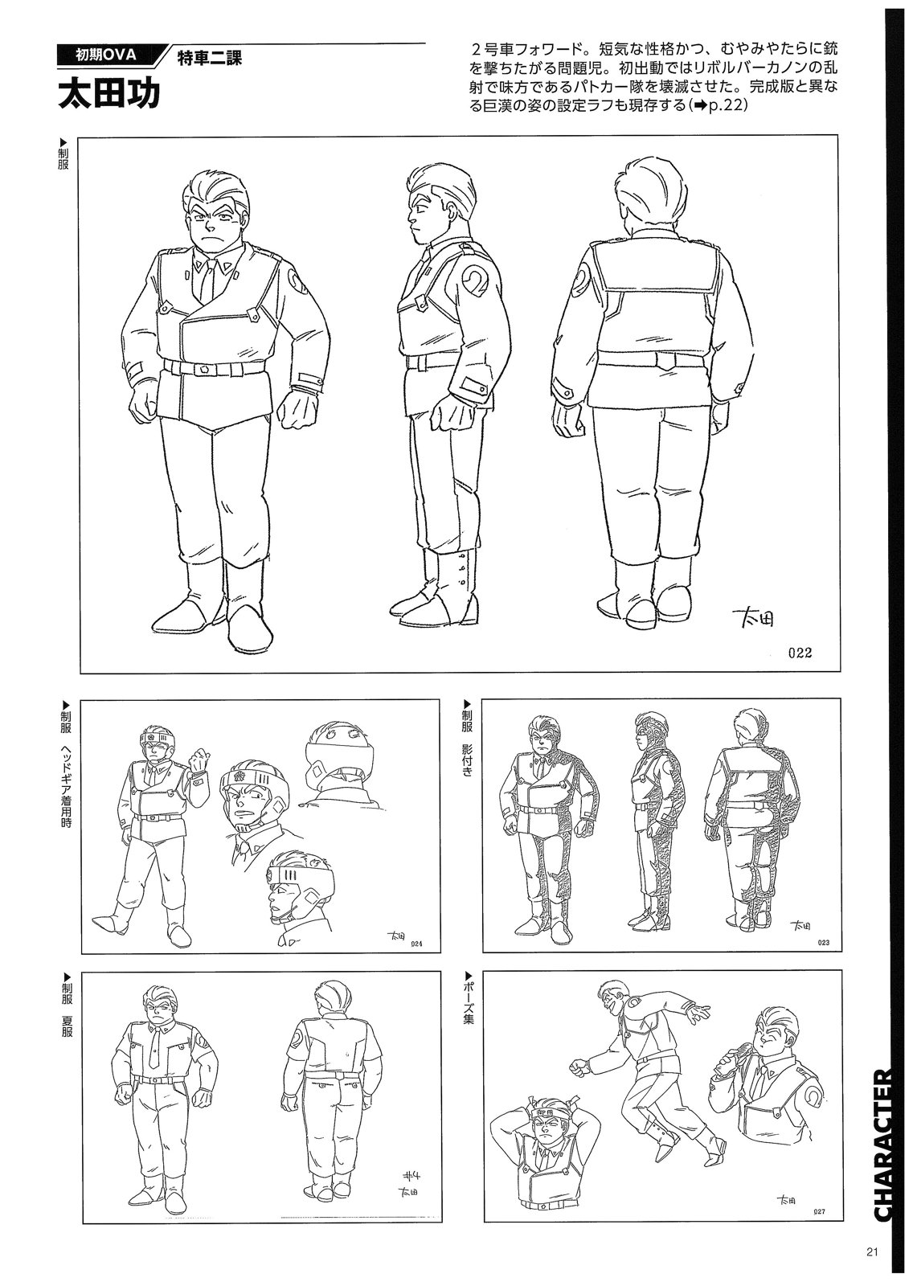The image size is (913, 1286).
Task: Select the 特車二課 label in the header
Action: [210, 59]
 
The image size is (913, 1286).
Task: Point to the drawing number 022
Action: [800, 652]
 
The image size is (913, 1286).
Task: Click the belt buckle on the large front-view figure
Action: [204, 369]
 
